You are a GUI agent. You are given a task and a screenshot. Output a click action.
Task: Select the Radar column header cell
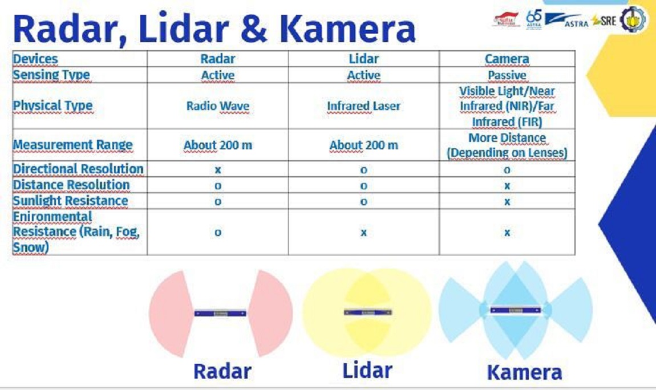pos(218,59)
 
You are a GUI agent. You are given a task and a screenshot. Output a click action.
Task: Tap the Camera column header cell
pos(507,59)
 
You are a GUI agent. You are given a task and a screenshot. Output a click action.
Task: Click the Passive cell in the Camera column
pos(507,75)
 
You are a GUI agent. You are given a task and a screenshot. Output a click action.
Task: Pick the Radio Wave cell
pos(218,106)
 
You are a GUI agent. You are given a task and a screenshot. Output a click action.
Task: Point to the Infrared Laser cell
pos(363,106)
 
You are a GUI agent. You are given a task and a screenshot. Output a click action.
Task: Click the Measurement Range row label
pos(72,145)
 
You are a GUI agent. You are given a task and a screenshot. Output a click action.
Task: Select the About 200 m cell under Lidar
pos(363,145)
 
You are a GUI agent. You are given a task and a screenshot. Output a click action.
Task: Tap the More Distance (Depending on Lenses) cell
pos(507,145)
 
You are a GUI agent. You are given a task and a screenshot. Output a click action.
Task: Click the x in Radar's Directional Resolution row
pos(218,169)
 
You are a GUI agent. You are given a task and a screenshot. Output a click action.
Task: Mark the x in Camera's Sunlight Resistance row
pos(507,201)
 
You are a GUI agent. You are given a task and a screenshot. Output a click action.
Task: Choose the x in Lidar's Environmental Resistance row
pos(363,232)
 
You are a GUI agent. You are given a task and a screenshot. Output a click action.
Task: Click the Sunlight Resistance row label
pos(70,201)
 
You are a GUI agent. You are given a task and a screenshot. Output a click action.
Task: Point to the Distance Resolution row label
pos(71,185)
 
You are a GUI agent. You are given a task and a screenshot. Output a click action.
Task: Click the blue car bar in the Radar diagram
pos(220,313)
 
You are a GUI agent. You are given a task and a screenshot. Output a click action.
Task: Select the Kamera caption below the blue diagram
pos(524,372)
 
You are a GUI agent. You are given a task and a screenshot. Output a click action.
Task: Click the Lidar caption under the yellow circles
pos(367,370)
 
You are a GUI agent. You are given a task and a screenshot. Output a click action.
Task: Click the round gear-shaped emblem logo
pos(634,18)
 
